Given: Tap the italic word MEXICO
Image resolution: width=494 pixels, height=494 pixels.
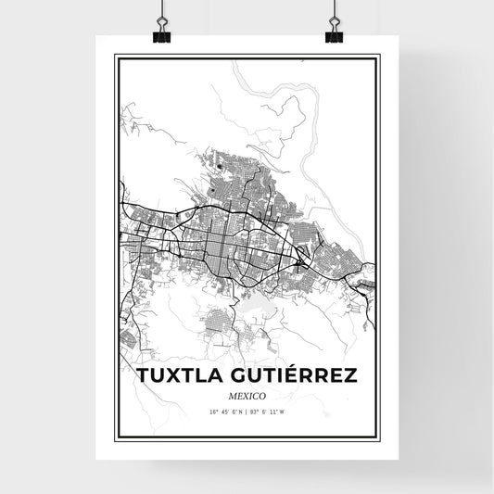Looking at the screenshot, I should [x=246, y=395].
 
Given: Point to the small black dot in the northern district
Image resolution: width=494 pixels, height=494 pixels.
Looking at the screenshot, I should [x=220, y=167].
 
